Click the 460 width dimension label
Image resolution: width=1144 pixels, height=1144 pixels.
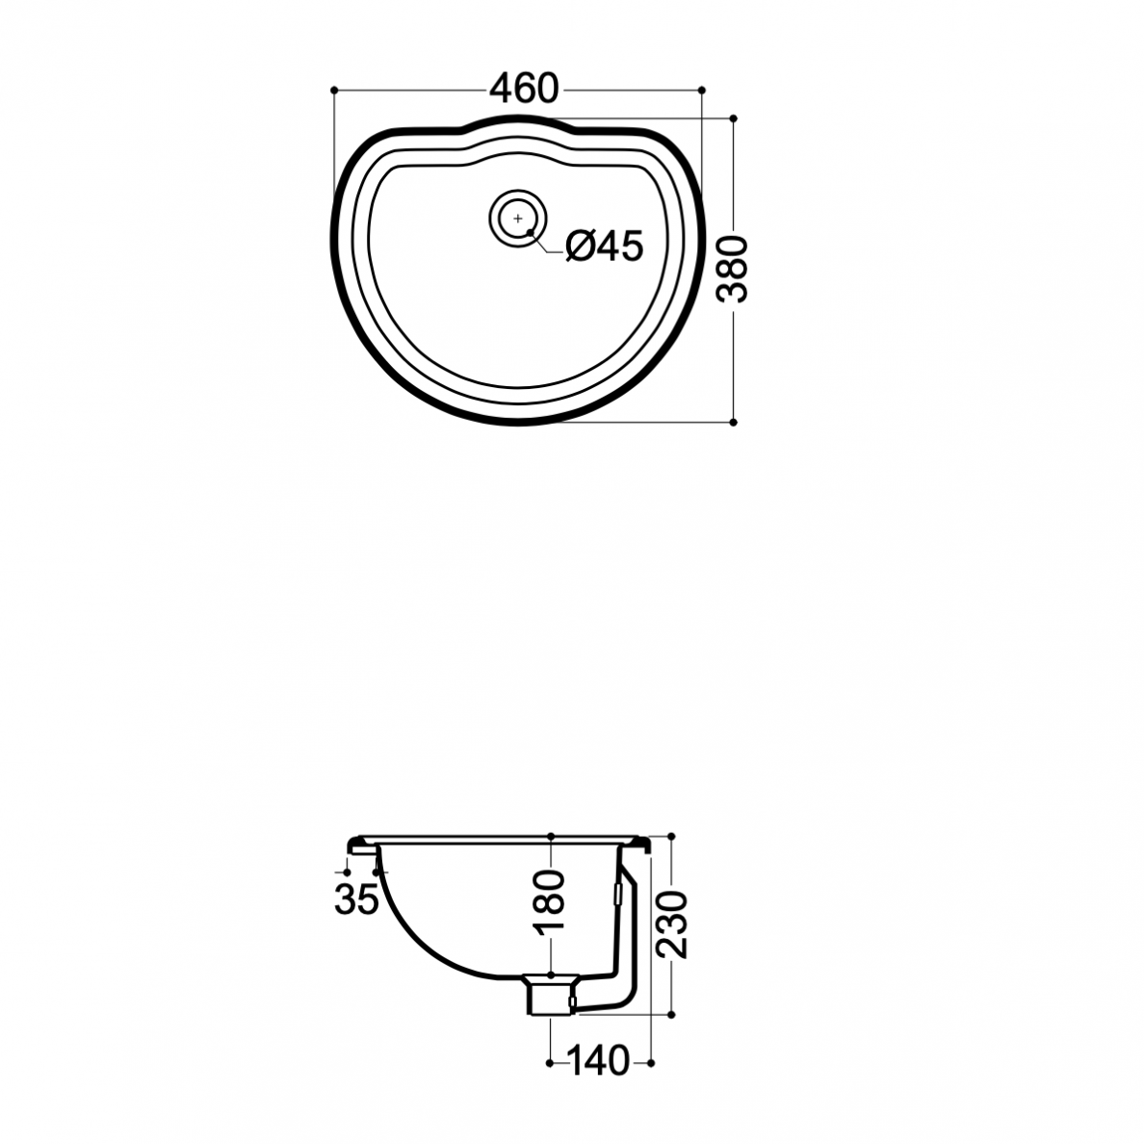[x=524, y=89]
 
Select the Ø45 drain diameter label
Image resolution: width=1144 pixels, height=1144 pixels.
[x=605, y=246]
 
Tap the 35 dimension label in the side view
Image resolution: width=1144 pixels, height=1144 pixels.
[x=356, y=898]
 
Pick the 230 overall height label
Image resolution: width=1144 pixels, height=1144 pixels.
[x=672, y=923]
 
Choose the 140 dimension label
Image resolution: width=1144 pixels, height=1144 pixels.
[x=598, y=1061]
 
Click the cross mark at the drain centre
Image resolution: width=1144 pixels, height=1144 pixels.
[x=518, y=219]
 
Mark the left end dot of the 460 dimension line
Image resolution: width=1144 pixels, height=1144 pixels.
[x=334, y=90]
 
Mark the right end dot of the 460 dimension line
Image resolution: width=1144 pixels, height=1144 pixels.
[x=702, y=90]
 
